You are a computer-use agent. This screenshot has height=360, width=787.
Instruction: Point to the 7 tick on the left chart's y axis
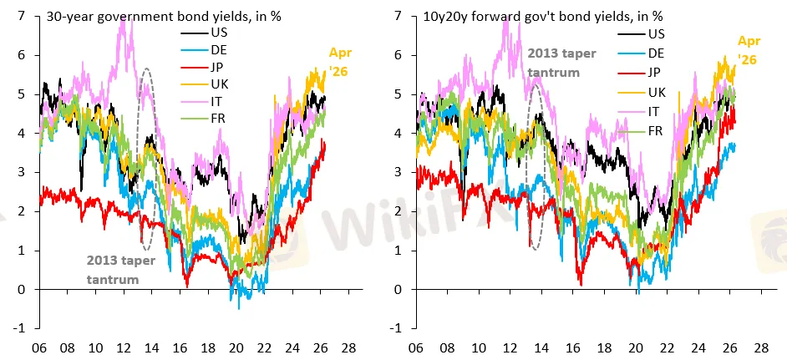click(x=21, y=15)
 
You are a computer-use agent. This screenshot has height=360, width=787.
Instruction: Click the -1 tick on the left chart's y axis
click(x=18, y=328)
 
